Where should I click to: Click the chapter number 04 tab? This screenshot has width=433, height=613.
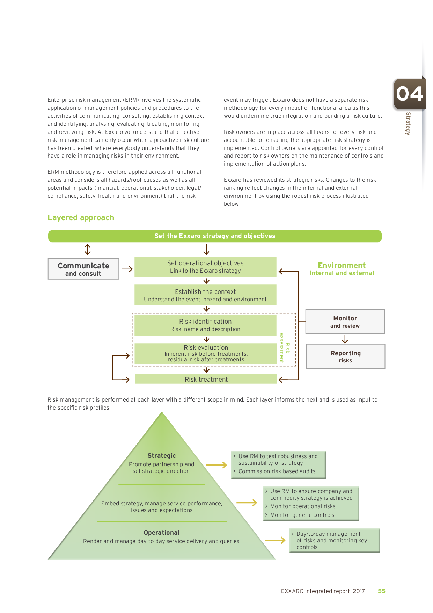coord(410,94)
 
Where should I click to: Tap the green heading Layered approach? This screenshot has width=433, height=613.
coord(81,218)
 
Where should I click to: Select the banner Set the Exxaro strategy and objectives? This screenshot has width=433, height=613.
coord(215,236)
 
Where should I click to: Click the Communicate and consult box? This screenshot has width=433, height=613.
coord(83,269)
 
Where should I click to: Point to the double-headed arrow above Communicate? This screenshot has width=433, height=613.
coord(87,250)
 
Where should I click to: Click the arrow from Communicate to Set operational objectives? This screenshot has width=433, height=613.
coord(127,269)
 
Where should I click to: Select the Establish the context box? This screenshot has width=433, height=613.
coord(205,295)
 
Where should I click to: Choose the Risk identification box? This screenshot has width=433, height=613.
coord(205,325)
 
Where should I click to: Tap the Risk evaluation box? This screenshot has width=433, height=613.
coord(205,353)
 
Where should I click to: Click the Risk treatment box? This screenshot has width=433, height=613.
coord(206,379)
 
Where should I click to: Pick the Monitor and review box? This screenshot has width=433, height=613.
coord(345,322)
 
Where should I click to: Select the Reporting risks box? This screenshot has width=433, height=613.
coord(345,356)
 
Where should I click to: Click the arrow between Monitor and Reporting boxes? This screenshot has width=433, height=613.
coord(345,339)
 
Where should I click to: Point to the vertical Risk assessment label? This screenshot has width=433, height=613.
coord(284,348)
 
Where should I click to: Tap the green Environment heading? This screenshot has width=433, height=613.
coord(342,266)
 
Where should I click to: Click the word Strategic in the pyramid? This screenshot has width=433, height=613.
coord(162,456)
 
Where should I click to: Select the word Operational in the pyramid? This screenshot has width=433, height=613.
coord(161,533)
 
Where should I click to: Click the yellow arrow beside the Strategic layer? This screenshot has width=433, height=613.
coord(216,465)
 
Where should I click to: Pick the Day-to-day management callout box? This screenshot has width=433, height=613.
coord(334,540)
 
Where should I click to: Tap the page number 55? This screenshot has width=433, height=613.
coord(381,591)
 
